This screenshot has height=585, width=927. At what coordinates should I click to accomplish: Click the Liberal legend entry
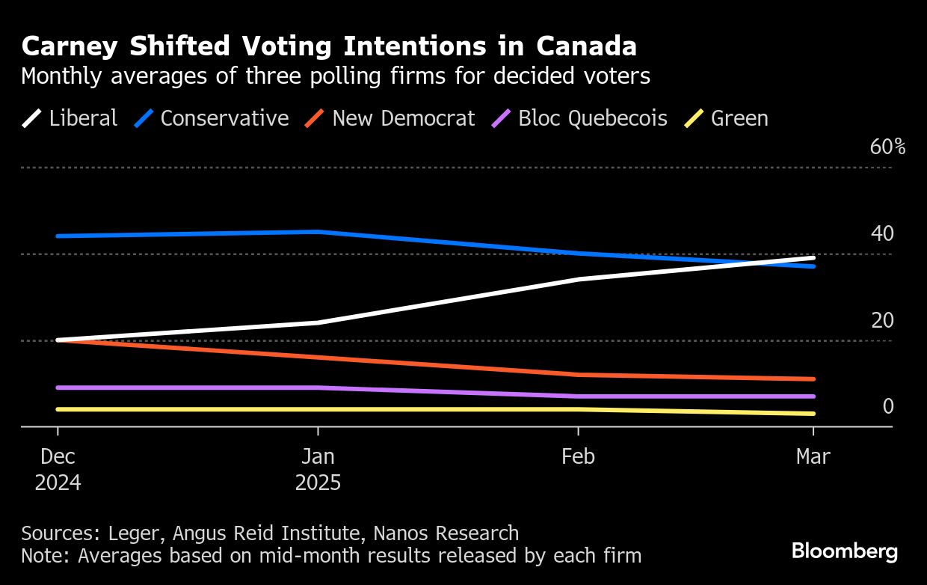pyautogui.click(x=70, y=118)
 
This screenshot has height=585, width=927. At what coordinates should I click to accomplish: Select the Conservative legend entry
pyautogui.click(x=212, y=118)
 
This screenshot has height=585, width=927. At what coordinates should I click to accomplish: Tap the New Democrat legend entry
pyautogui.click(x=391, y=118)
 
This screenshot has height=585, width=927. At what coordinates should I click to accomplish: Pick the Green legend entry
pyautogui.click(x=727, y=118)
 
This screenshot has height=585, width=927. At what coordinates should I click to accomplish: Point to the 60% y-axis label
pyautogui.click(x=887, y=147)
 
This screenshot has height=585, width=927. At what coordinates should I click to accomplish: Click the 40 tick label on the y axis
pyautogui.click(x=882, y=234)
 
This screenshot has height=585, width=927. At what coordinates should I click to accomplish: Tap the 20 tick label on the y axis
pyautogui.click(x=882, y=321)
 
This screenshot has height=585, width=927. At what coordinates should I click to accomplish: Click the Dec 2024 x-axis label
pyautogui.click(x=58, y=469)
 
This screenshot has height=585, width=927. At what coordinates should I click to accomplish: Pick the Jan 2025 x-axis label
pyautogui.click(x=318, y=469)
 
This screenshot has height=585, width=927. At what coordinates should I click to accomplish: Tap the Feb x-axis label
pyautogui.click(x=578, y=456)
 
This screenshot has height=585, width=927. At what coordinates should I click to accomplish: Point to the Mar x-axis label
pyautogui.click(x=813, y=456)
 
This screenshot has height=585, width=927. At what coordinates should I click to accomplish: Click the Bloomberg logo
pyautogui.click(x=845, y=552)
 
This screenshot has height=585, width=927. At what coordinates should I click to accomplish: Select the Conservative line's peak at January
pyautogui.click(x=318, y=232)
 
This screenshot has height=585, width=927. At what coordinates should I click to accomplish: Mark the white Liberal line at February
pyautogui.click(x=578, y=279)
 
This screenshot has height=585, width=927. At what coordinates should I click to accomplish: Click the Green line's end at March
pyautogui.click(x=813, y=414)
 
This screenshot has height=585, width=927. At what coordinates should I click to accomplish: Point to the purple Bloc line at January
pyautogui.click(x=318, y=388)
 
